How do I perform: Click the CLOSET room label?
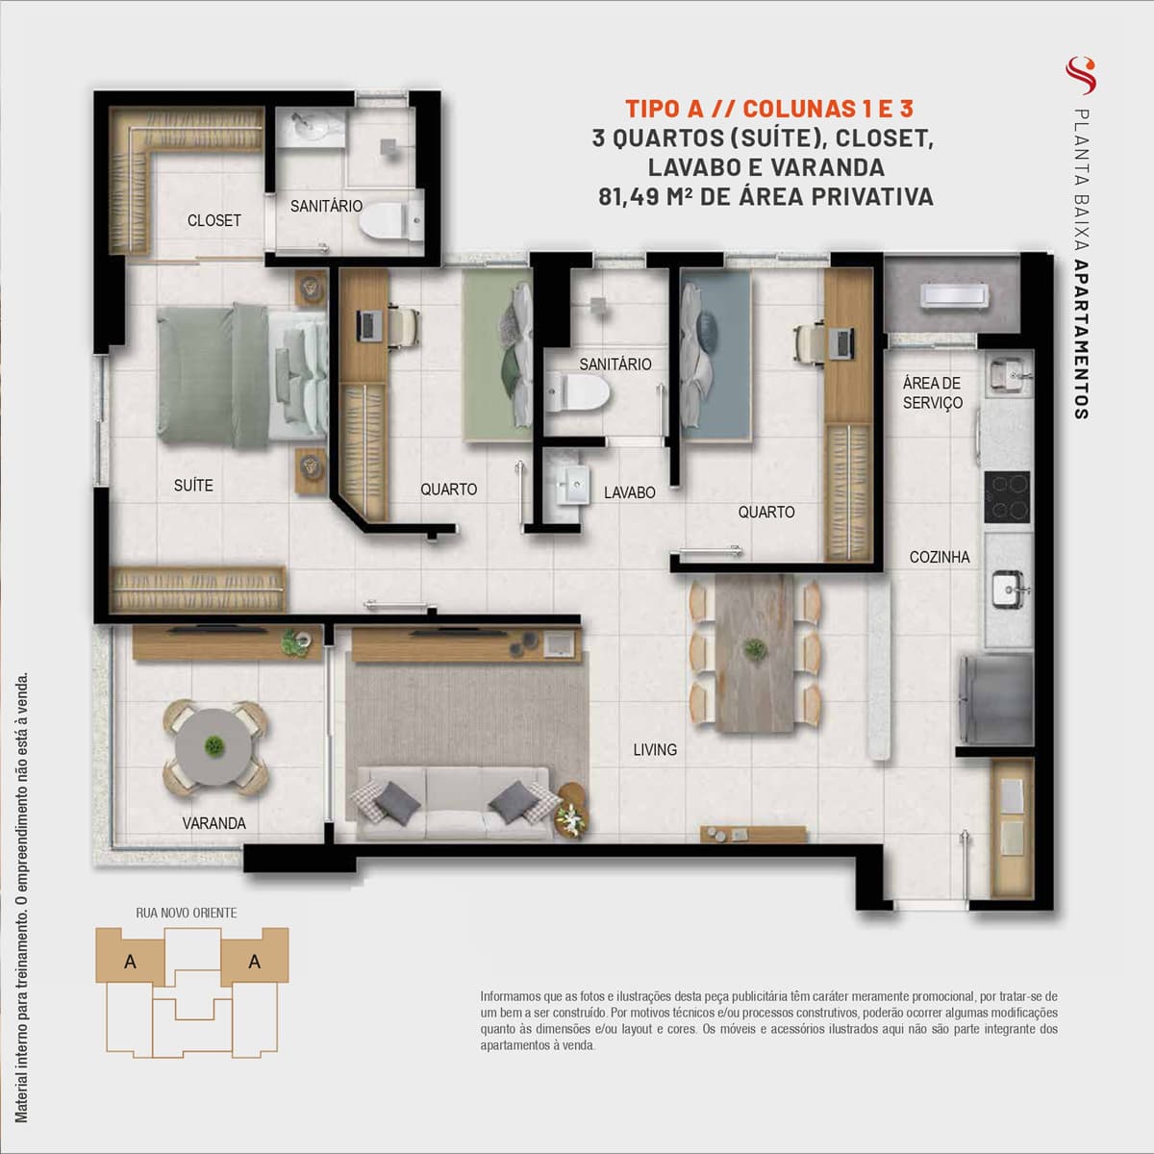click(x=213, y=221)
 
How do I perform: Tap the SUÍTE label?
click(x=193, y=485)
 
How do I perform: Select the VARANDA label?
click(x=213, y=823)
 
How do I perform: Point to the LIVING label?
click(x=655, y=750)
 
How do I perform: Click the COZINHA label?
click(x=939, y=558)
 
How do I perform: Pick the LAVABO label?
click(x=629, y=493)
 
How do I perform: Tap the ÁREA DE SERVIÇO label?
click(x=933, y=393)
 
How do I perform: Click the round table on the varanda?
click(x=213, y=747)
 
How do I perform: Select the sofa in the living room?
click(x=453, y=804)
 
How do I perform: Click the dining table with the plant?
click(x=755, y=652)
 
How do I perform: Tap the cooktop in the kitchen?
click(x=1007, y=497)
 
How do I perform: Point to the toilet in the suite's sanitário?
click(x=391, y=221)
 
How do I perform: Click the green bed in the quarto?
click(x=497, y=356)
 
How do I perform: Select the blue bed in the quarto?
click(x=715, y=356)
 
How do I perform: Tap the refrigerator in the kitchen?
click(x=996, y=699)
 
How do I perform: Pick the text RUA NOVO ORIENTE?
click(x=187, y=913)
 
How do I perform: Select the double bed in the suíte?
click(x=242, y=375)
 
